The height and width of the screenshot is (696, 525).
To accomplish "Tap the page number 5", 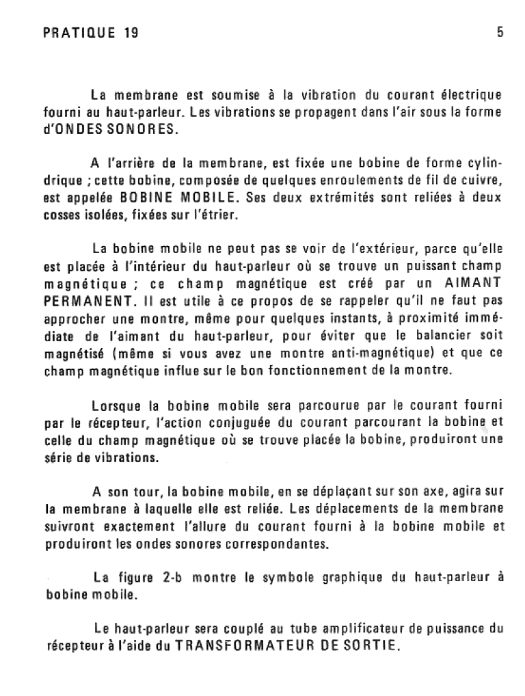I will click(x=500, y=33).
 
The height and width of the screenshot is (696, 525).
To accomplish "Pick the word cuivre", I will click(x=482, y=180).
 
